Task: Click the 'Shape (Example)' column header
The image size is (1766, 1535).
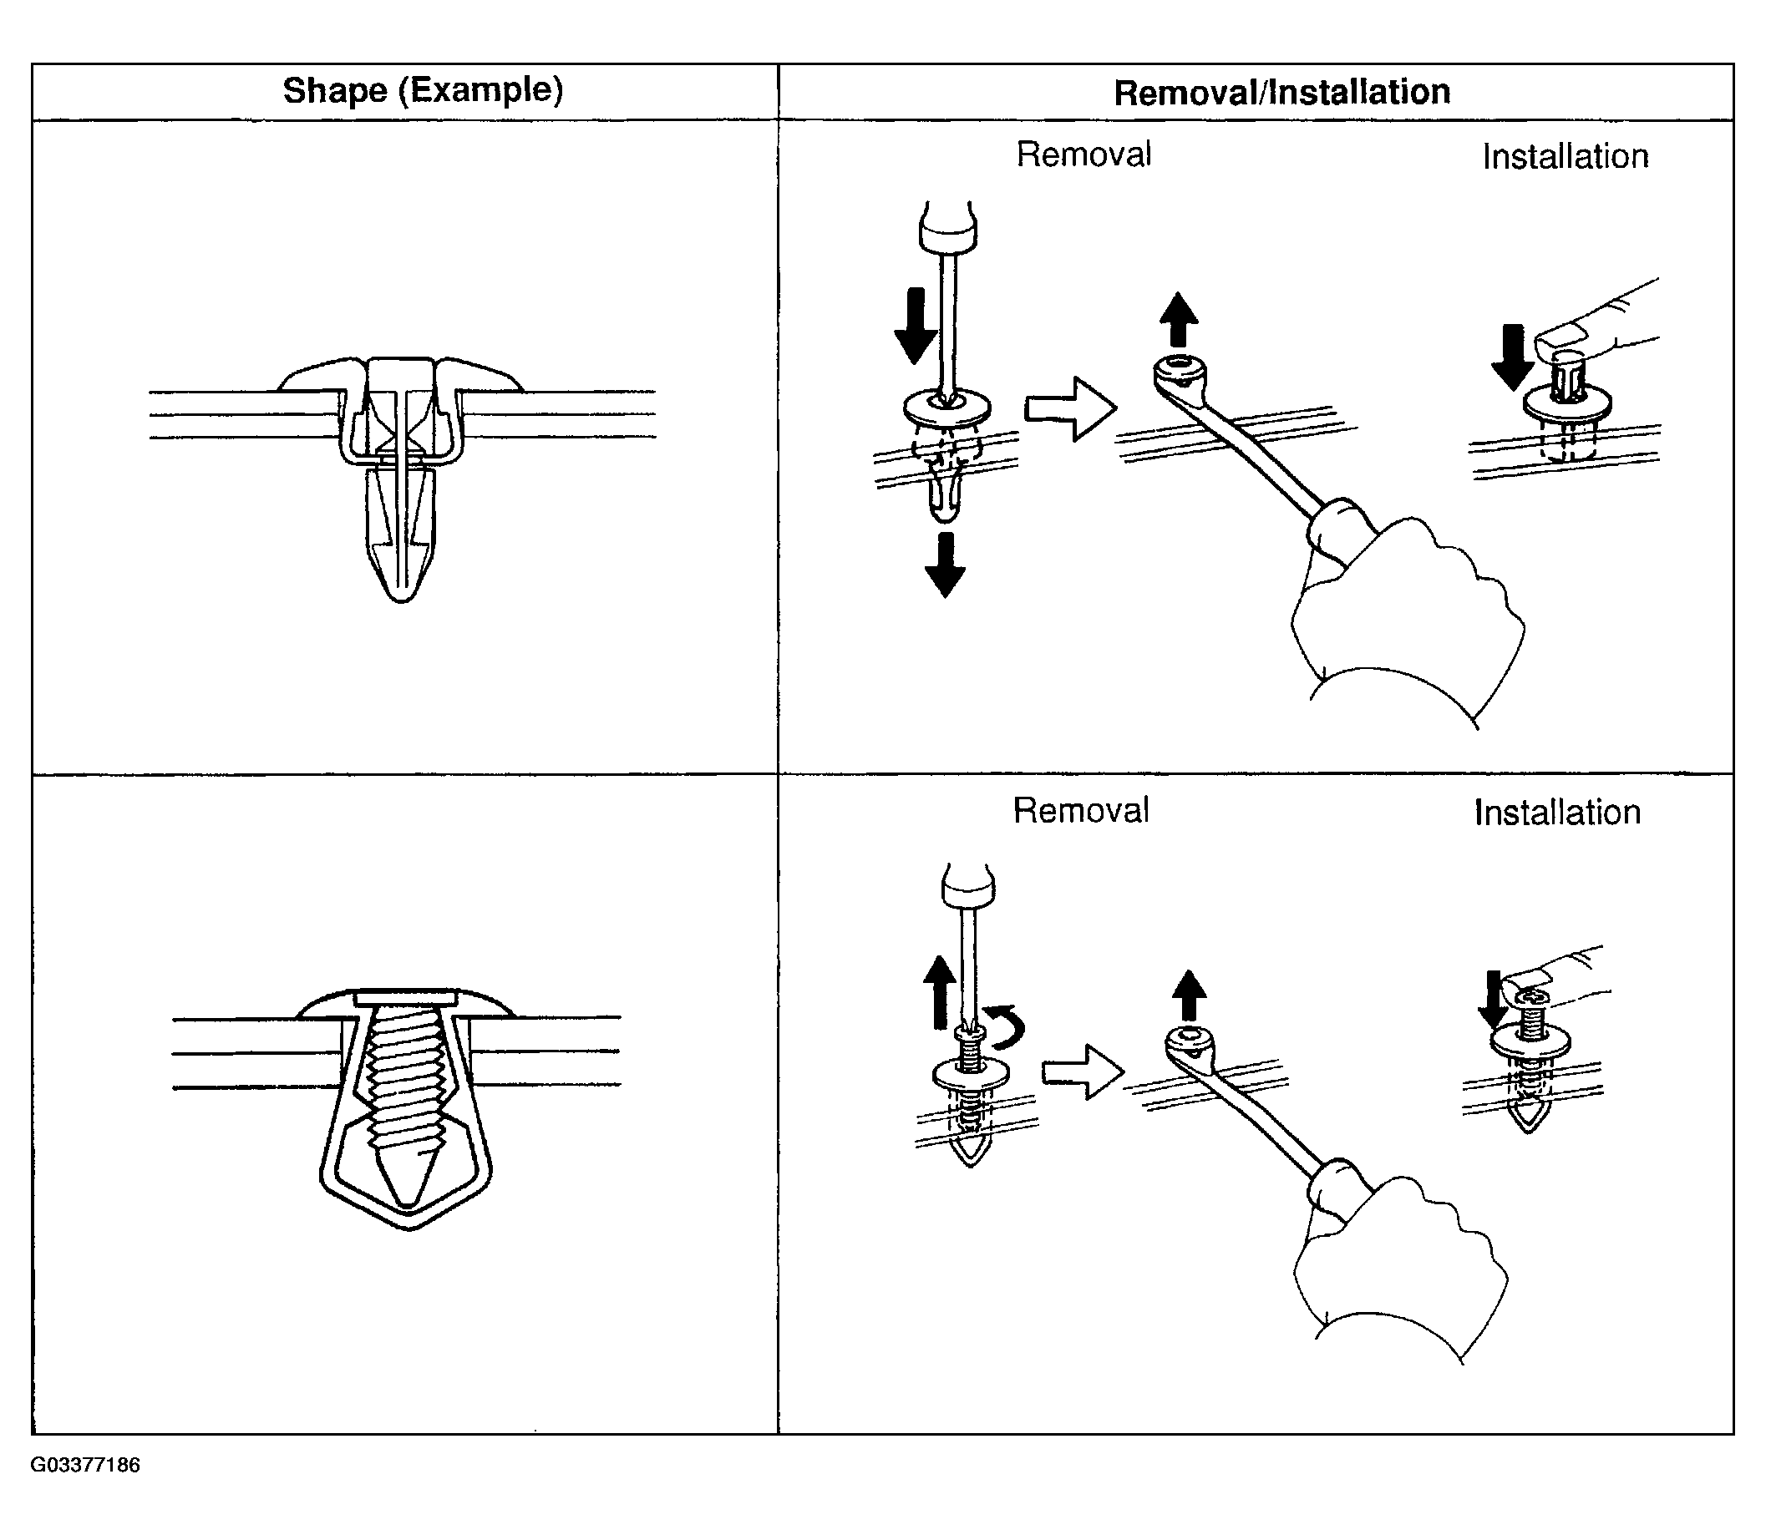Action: pyautogui.click(x=423, y=90)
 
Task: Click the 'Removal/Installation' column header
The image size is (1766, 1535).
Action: pyautogui.click(x=1281, y=93)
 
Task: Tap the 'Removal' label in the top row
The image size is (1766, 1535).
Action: pyautogui.click(x=1083, y=155)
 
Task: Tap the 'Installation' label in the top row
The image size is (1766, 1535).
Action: pyautogui.click(x=1565, y=157)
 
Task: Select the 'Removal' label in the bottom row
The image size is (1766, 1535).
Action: pyautogui.click(x=1080, y=810)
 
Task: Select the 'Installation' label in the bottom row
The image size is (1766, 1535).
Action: pyautogui.click(x=1557, y=813)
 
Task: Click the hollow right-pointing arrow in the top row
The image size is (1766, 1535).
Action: pyautogui.click(x=1070, y=408)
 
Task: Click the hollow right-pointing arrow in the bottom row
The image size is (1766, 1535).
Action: pyautogui.click(x=1082, y=1071)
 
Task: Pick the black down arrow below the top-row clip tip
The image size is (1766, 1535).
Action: pyautogui.click(x=944, y=565)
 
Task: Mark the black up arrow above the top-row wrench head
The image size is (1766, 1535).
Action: pyautogui.click(x=1178, y=320)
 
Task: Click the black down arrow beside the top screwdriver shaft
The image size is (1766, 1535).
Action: pyautogui.click(x=915, y=326)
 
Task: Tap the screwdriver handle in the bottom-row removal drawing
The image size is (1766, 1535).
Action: pyautogui.click(x=968, y=887)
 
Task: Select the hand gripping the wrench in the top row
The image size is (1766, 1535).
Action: pyautogui.click(x=1405, y=608)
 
